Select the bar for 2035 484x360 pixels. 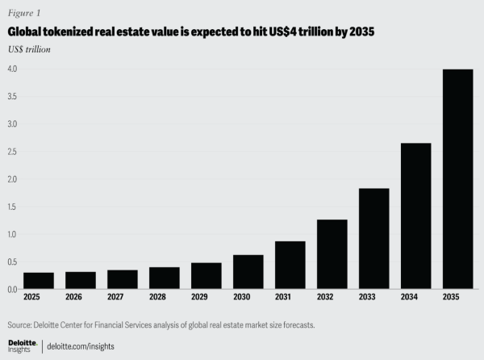coord(457,179)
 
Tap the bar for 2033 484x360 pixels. coord(373,239)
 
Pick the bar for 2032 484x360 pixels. coord(332,254)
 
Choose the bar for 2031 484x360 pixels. coord(290,265)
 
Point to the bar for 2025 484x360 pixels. coord(39,281)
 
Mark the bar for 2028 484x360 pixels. coord(165,278)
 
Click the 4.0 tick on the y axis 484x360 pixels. coord(13,69)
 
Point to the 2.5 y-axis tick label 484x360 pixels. coord(13,152)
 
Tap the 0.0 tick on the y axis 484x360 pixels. coord(13,289)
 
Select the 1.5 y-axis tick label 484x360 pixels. coord(13,207)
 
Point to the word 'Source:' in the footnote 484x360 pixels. coord(21,324)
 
